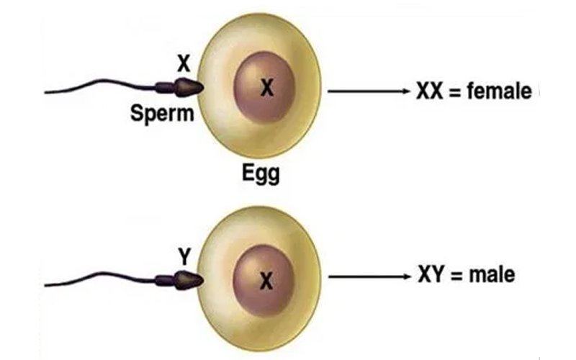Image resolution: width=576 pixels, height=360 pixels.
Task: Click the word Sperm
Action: click(163, 113)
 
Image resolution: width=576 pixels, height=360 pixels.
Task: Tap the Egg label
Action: click(260, 174)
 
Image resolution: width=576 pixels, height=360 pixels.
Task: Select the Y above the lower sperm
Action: click(184, 253)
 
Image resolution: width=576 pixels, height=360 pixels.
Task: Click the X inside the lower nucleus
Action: click(266, 282)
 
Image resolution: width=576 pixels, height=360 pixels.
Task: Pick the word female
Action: click(500, 92)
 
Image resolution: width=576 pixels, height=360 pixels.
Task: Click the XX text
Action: click(431, 92)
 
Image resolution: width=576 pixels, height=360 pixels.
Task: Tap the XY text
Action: click(431, 276)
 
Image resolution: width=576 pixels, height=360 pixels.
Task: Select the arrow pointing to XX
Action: click(367, 92)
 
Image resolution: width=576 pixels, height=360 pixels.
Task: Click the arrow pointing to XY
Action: click(367, 276)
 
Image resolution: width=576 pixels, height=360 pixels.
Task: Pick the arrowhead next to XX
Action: click(404, 92)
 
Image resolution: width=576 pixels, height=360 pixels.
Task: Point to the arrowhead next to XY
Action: click(404, 276)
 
